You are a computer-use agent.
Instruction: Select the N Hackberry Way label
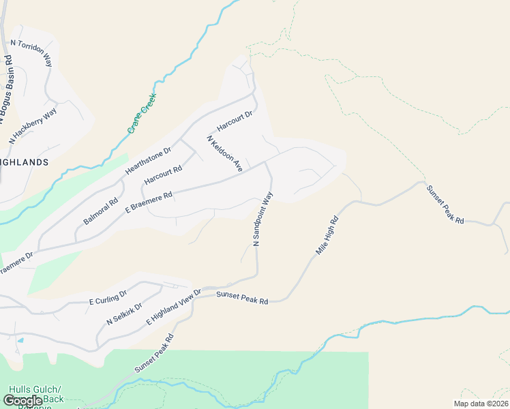(33, 125)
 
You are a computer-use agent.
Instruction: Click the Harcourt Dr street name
(235, 121)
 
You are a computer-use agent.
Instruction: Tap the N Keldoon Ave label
(226, 153)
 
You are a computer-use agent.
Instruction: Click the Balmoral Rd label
(101, 211)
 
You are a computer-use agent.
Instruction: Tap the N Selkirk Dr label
(123, 313)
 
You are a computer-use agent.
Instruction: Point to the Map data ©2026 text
(481, 404)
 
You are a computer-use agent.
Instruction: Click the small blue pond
(20, 339)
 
